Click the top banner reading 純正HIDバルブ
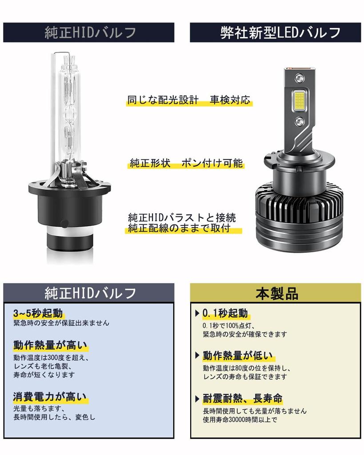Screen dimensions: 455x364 [89, 32]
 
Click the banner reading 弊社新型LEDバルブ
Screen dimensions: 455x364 [275, 32]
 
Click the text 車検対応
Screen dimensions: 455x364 [230, 100]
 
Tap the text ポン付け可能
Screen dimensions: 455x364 [212, 163]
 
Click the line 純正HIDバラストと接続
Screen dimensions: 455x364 [181, 218]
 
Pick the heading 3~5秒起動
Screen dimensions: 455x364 [38, 312]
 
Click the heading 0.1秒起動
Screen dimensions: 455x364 [225, 313]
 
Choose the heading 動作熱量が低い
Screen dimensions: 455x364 [238, 355]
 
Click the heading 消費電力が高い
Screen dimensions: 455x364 [50, 397]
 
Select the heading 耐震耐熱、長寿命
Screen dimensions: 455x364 [243, 398]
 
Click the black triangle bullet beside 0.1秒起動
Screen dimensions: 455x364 [197, 313]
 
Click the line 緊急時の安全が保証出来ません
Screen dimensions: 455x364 [61, 323]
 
